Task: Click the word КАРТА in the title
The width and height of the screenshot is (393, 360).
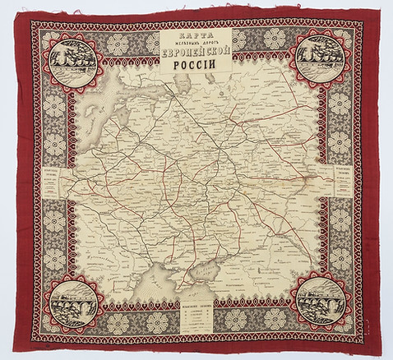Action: (x=196, y=37)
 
